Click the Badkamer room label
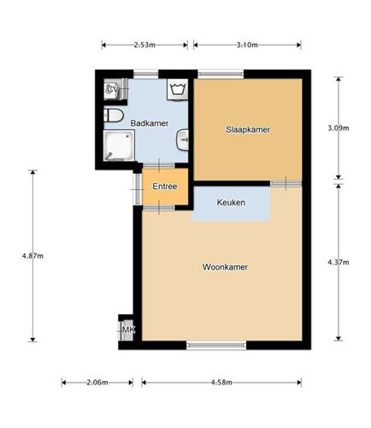click(x=150, y=123)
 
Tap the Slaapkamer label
click(x=248, y=129)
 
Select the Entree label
click(x=165, y=187)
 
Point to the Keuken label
click(x=231, y=203)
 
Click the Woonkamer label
click(x=225, y=267)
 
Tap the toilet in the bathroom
click(x=113, y=115)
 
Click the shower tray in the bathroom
click(x=119, y=146)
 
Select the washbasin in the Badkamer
click(x=183, y=140)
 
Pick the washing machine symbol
click(x=177, y=89)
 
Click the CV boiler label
click(x=112, y=89)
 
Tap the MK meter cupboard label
click(x=128, y=330)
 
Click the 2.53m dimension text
click(x=144, y=45)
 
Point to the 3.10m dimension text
click(x=247, y=45)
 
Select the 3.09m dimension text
click(x=339, y=128)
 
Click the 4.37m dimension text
click(x=339, y=262)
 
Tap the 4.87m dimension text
click(x=32, y=256)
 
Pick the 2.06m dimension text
click(x=97, y=383)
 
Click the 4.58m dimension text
click(x=221, y=383)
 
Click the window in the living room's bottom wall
click(x=216, y=345)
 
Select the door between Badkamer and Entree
click(x=159, y=165)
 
